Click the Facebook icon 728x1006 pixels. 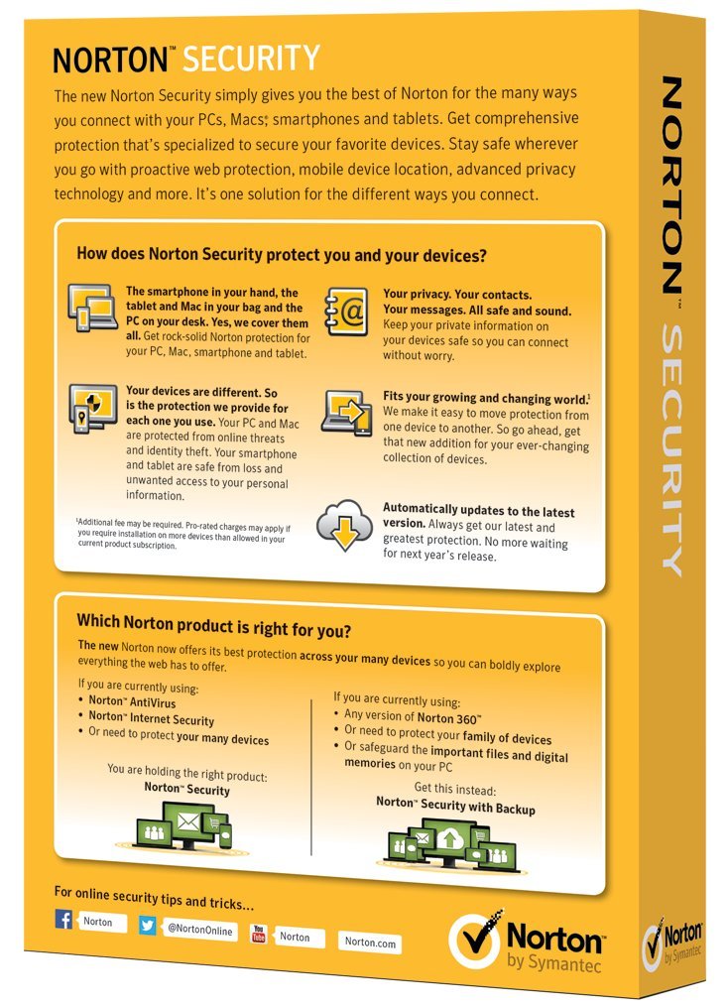[64, 920]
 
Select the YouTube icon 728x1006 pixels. [259, 934]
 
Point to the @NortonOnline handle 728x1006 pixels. [198, 930]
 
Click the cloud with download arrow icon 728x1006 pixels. [344, 527]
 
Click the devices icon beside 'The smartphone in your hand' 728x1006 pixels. [93, 307]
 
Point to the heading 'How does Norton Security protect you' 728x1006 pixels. [281, 255]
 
